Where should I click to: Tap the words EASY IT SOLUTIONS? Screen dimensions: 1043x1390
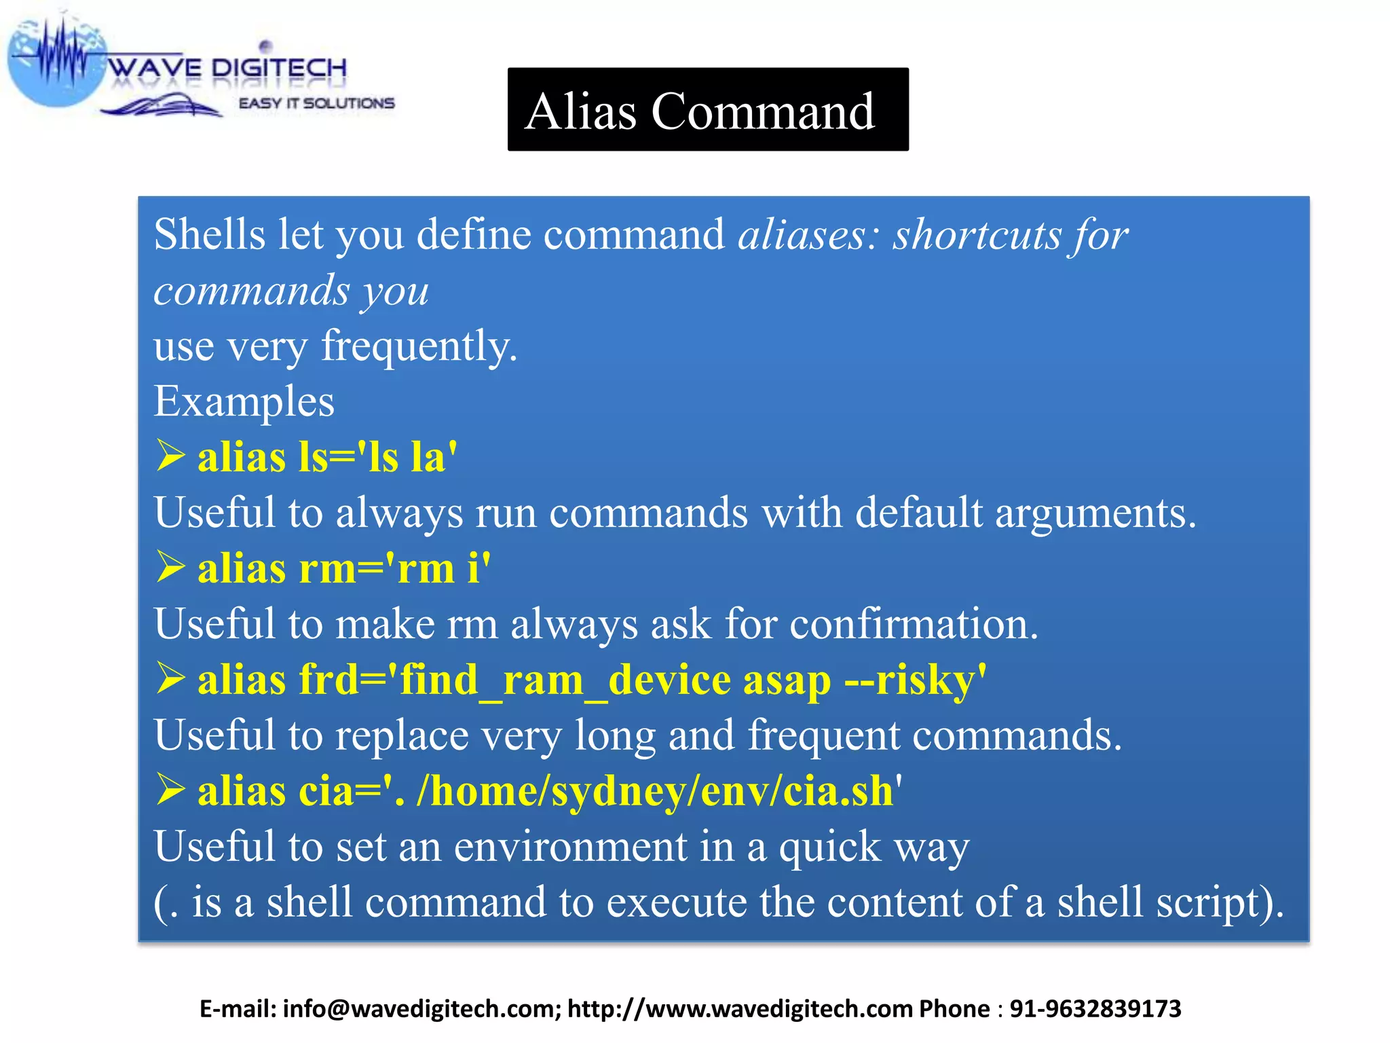(x=316, y=103)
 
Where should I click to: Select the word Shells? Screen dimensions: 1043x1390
(x=209, y=235)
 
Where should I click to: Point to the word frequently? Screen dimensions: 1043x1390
(x=419, y=346)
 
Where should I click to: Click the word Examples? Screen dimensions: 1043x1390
(x=244, y=402)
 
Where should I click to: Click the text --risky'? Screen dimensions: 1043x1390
(x=916, y=680)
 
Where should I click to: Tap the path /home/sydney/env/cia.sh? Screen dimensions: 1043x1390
(x=655, y=791)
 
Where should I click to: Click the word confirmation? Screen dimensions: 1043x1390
(x=914, y=624)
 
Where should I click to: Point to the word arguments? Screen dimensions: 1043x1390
(x=1095, y=513)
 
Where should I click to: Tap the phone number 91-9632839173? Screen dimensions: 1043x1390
(x=1095, y=1009)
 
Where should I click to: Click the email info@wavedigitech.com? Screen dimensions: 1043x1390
(x=421, y=1009)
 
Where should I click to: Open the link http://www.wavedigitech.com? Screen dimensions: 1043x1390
(x=739, y=1009)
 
